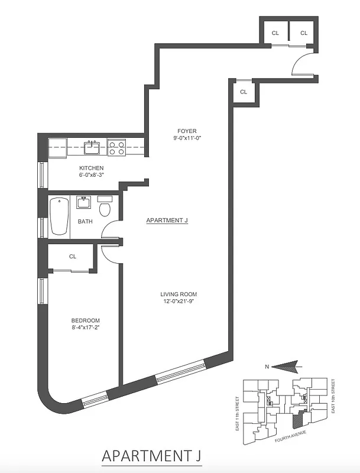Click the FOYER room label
click(x=186, y=131)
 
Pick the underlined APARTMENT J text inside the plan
click(x=167, y=221)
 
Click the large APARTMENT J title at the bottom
click(x=156, y=456)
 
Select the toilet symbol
click(x=105, y=208)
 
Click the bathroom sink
click(x=83, y=203)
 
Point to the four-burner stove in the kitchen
click(x=117, y=147)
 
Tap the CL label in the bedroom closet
click(x=73, y=257)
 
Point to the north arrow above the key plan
click(x=287, y=367)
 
